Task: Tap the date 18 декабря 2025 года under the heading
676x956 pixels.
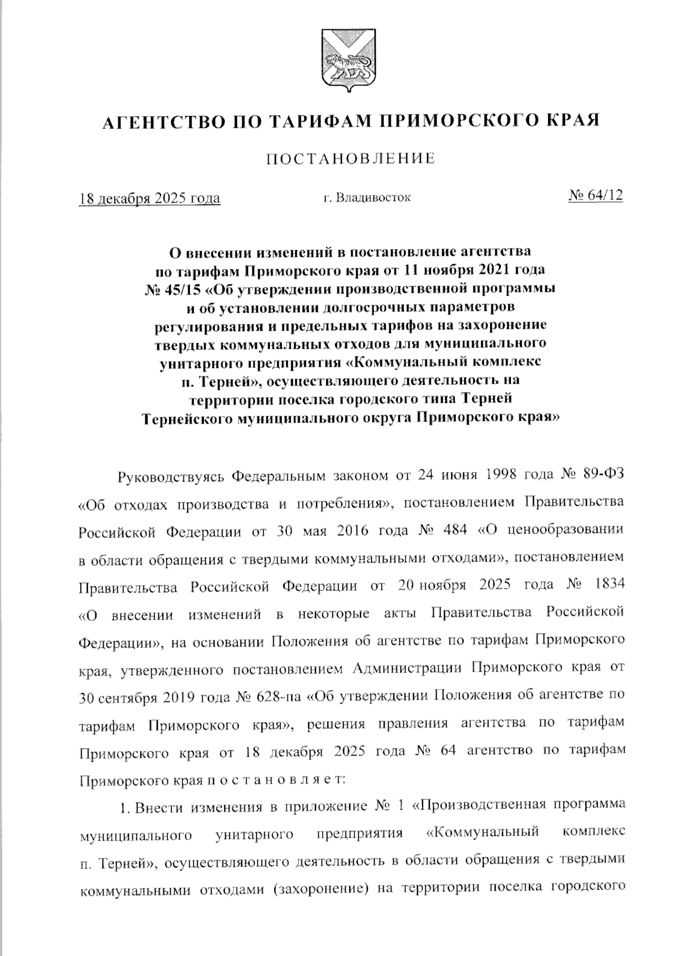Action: (149, 198)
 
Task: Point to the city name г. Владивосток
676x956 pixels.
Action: (367, 198)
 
